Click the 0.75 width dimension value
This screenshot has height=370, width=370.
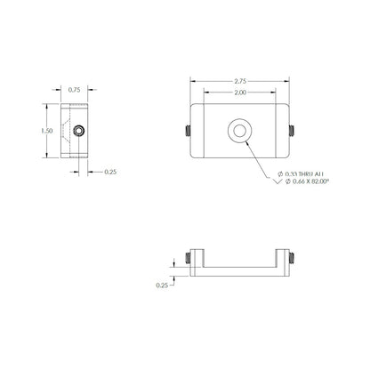74,89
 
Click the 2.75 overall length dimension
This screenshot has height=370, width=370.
238,80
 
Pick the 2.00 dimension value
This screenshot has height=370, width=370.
238,92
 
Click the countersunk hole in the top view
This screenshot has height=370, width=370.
238,130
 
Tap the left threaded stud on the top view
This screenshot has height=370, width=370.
188,131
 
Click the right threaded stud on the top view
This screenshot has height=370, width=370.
291,131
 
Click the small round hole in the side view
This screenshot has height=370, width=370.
81,130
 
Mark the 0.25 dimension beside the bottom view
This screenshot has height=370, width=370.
161,286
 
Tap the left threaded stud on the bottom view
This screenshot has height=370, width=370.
188,258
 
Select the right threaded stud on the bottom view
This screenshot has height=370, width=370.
291,258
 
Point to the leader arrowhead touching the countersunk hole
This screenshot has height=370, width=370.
245,140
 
